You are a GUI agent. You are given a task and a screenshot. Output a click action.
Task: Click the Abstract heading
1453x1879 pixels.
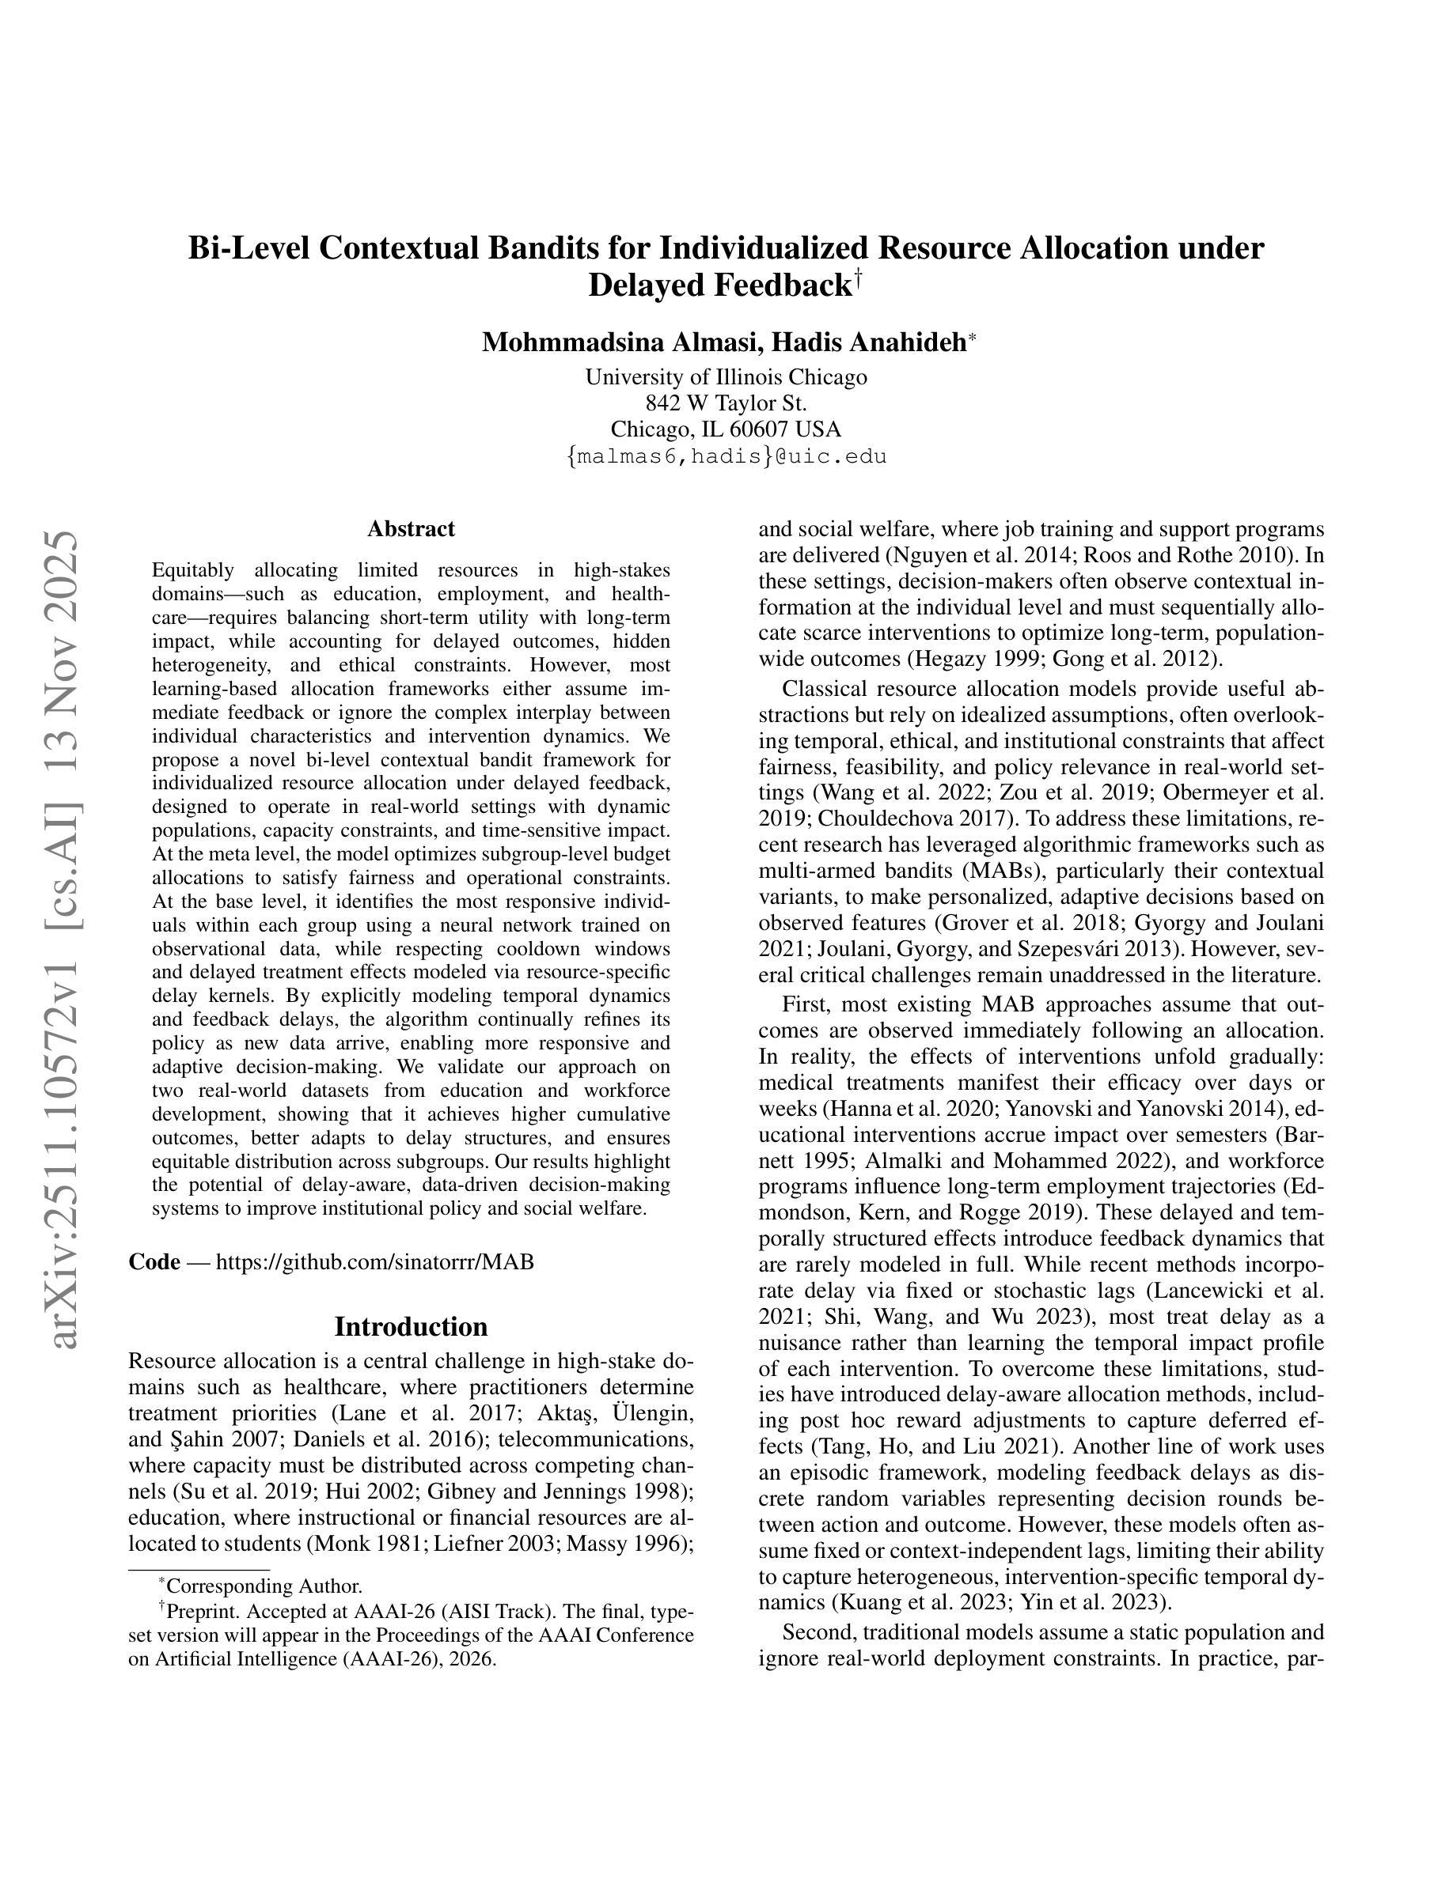(411, 528)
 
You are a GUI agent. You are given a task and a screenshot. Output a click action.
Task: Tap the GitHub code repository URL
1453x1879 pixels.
(374, 1261)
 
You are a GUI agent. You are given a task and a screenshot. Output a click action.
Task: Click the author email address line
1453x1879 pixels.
(726, 456)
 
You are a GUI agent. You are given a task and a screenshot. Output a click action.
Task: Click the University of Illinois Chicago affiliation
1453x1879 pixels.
(726, 377)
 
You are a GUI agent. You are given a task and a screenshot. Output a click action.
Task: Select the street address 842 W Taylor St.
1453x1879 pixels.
(726, 403)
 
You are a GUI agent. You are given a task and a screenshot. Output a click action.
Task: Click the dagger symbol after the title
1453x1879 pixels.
(857, 278)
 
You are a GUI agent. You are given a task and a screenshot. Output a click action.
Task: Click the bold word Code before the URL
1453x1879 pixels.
(154, 1261)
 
